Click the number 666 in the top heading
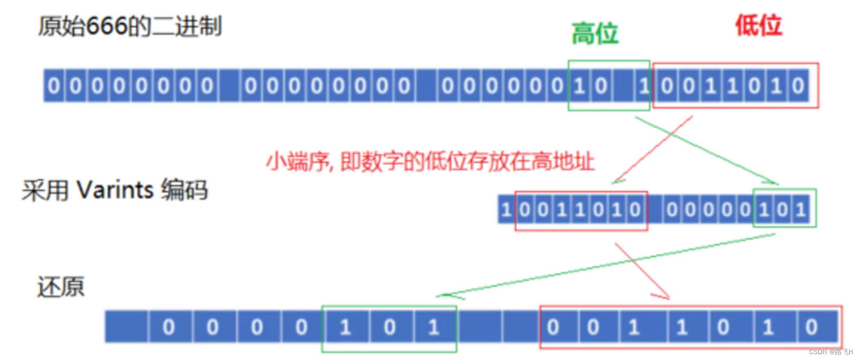click(107, 26)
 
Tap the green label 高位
click(595, 33)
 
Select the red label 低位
click(758, 25)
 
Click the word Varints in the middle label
click(115, 190)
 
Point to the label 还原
click(61, 287)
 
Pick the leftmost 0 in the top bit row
click(54, 86)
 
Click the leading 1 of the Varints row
click(506, 209)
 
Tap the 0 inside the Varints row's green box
click(783, 209)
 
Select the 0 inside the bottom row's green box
click(390, 327)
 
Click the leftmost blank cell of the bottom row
click(126, 327)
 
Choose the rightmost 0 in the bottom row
click(811, 327)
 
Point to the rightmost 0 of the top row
click(798, 86)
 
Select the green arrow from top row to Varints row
click(707, 151)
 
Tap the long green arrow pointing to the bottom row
click(605, 265)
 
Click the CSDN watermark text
click(830, 352)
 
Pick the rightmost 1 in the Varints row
click(800, 209)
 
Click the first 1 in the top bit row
click(579, 86)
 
